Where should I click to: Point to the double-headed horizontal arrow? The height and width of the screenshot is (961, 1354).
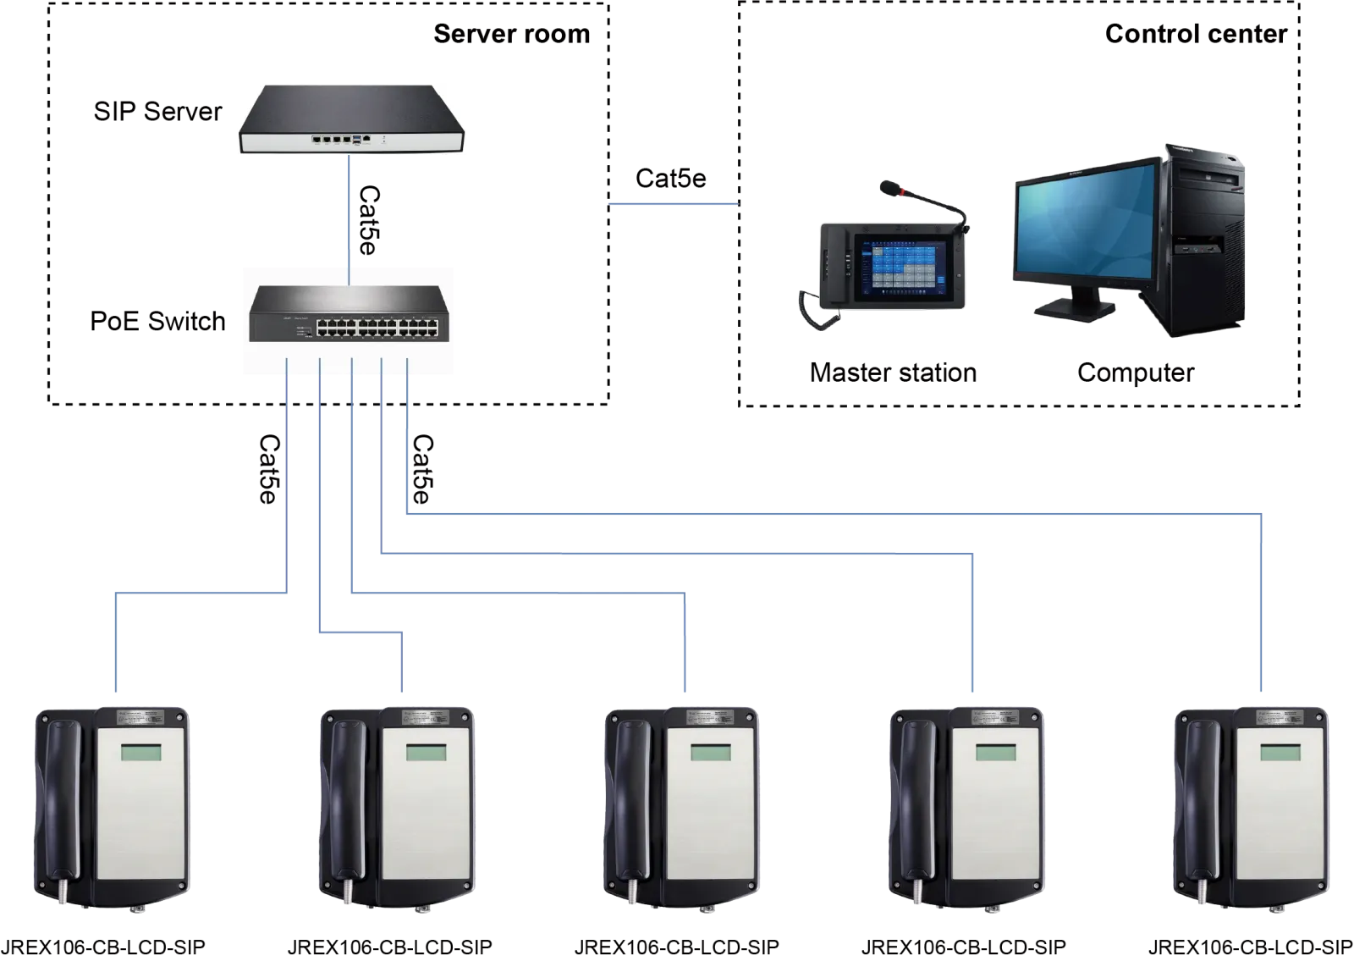click(x=674, y=203)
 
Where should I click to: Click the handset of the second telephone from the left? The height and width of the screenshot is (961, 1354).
click(x=347, y=804)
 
